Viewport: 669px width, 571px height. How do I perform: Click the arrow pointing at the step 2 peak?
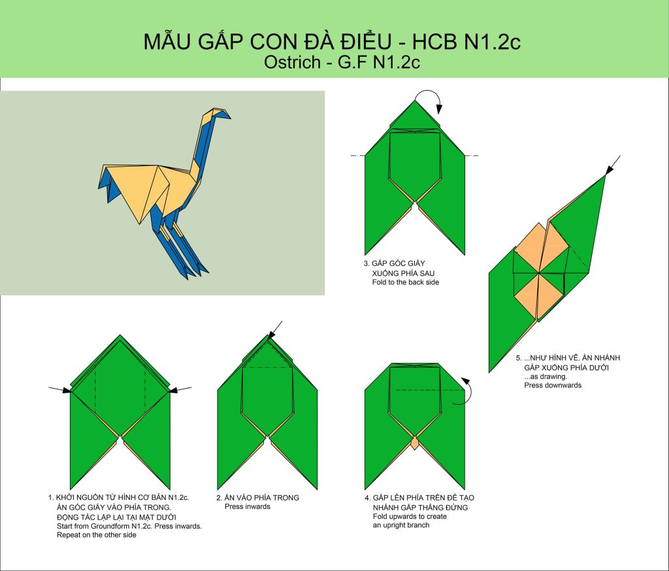(x=275, y=329)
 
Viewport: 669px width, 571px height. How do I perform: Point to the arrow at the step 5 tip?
(x=613, y=165)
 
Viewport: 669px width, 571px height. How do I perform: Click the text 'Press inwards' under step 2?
(x=248, y=506)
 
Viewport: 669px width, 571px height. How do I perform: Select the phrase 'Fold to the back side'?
(x=405, y=282)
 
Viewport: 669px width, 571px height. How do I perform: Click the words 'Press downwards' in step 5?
(x=553, y=385)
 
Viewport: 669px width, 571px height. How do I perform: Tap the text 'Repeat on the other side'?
(x=97, y=534)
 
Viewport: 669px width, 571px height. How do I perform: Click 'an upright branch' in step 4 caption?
(x=401, y=525)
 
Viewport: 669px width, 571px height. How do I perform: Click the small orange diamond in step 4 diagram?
(x=415, y=442)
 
